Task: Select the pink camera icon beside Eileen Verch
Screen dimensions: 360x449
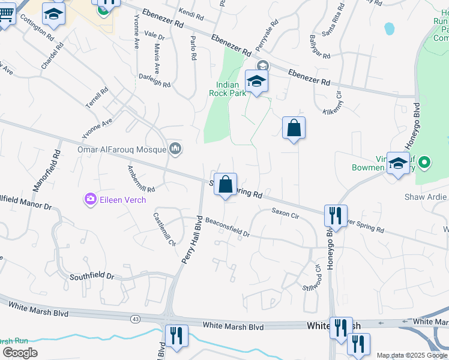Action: coord(91,199)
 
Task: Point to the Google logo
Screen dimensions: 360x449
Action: coord(20,353)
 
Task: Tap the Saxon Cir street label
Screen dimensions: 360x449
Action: coord(285,212)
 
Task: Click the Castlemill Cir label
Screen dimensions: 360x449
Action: coord(164,230)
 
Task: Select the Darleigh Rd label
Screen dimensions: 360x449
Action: coord(154,81)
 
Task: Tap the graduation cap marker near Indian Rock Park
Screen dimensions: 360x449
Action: coord(256,82)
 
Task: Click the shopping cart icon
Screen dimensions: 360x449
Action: coord(5,13)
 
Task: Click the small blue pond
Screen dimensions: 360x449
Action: coord(389,28)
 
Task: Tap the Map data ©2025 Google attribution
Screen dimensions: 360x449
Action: coord(412,355)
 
